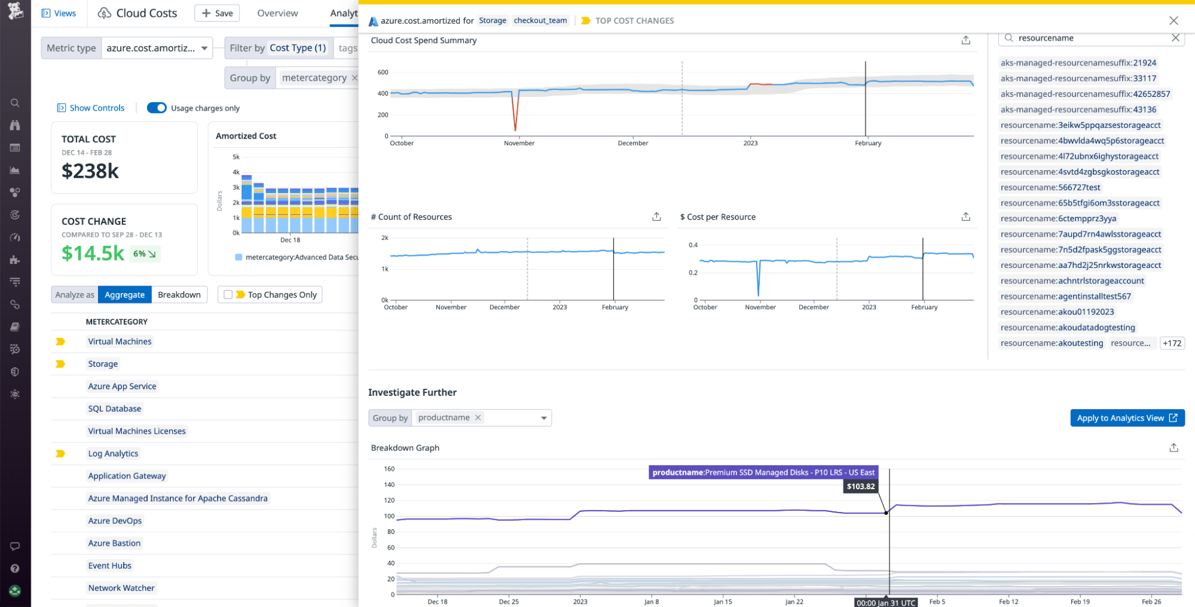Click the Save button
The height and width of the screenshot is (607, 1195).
pyautogui.click(x=217, y=13)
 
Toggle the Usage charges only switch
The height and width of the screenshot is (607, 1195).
pyautogui.click(x=157, y=108)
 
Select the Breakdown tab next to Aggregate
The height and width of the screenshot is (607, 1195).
pyautogui.click(x=179, y=295)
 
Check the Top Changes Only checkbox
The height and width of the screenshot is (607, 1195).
pyautogui.click(x=228, y=295)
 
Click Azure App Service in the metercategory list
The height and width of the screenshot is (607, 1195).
pyautogui.click(x=122, y=386)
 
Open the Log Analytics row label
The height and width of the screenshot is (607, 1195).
pyautogui.click(x=113, y=453)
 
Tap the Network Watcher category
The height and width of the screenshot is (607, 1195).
pyautogui.click(x=121, y=588)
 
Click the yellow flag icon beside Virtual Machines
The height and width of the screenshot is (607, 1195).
pyautogui.click(x=60, y=341)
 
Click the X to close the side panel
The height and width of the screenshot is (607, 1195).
pyautogui.click(x=1173, y=20)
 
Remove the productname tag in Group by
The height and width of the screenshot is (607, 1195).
pyautogui.click(x=478, y=417)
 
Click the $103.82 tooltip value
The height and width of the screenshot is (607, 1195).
pyautogui.click(x=860, y=486)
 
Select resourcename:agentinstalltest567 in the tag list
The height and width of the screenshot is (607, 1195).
pyautogui.click(x=1065, y=296)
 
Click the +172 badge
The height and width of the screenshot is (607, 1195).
pyautogui.click(x=1172, y=343)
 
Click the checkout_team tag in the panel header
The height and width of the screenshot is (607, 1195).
pyautogui.click(x=540, y=20)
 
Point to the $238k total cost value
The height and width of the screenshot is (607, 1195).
pyautogui.click(x=90, y=171)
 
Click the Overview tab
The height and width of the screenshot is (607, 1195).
pyautogui.click(x=277, y=13)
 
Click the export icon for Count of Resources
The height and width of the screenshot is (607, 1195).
pyautogui.click(x=656, y=216)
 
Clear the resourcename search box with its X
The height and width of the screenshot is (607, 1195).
pyautogui.click(x=1175, y=38)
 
